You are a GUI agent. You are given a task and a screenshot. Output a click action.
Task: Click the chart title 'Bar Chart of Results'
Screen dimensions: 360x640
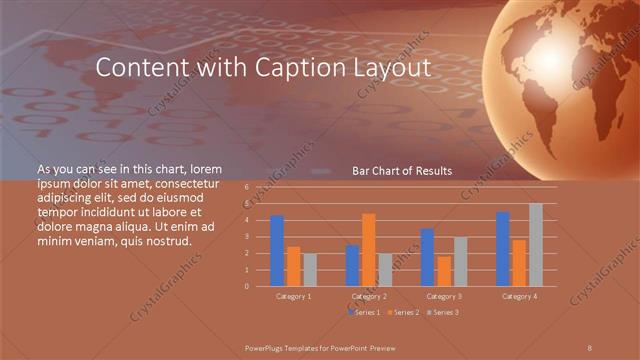[x=401, y=171]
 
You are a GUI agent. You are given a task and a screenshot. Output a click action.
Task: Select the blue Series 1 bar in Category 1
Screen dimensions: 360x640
[x=277, y=251]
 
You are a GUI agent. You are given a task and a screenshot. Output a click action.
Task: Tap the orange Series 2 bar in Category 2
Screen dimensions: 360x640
[x=369, y=250]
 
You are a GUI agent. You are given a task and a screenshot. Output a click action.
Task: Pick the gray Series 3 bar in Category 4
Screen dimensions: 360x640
[x=536, y=245]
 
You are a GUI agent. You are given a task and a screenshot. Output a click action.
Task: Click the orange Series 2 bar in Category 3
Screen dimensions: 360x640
[x=444, y=271]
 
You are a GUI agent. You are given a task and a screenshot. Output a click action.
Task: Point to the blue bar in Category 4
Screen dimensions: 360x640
[x=503, y=249]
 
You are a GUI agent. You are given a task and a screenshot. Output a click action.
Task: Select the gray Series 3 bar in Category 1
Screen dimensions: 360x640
[x=310, y=270]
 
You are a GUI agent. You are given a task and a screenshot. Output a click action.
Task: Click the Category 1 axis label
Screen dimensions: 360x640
[x=293, y=296]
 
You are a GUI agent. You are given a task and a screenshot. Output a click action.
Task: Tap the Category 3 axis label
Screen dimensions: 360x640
[x=443, y=296]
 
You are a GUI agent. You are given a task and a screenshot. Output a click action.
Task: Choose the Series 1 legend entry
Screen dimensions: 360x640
[x=363, y=313]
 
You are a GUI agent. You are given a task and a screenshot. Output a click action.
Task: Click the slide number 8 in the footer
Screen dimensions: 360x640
[x=590, y=346]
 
